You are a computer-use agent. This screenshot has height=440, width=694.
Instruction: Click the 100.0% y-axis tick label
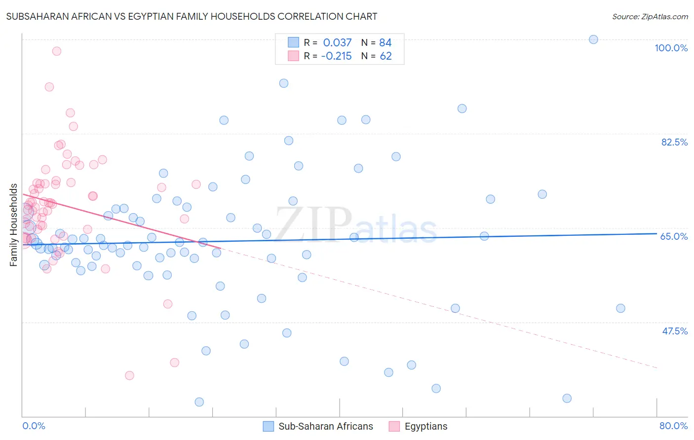671,48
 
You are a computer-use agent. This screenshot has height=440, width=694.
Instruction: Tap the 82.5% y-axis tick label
674,142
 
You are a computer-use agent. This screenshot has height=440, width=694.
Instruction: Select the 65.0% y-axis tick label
674,236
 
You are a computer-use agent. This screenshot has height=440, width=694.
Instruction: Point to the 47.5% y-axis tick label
674,331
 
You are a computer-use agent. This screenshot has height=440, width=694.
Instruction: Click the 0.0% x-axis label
34,426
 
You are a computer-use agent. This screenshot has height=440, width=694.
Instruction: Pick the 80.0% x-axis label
673,426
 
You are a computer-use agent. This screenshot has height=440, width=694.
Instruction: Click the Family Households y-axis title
14,225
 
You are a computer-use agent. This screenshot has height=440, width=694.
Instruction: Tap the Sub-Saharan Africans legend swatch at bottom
269,426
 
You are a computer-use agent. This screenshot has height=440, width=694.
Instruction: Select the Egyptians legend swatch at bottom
394,426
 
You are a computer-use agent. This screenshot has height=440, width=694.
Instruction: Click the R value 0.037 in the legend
337,43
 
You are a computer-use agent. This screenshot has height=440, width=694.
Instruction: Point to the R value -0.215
336,56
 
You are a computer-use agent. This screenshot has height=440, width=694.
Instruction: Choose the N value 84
386,43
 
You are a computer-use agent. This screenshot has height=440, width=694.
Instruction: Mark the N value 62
386,56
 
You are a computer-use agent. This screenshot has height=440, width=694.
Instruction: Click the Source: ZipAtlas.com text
650,17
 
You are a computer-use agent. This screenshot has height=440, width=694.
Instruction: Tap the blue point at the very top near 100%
593,39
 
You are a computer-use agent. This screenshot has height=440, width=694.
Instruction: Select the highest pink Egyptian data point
57,51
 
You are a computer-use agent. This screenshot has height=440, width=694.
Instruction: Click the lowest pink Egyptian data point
129,375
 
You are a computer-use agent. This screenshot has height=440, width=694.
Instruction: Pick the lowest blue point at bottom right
567,398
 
